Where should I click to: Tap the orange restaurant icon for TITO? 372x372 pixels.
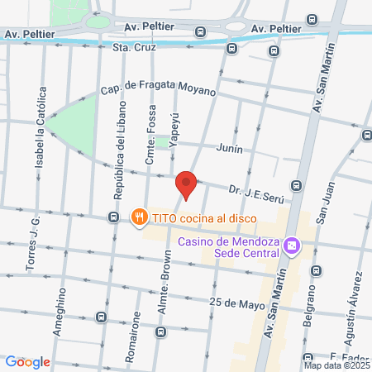pos(139,217)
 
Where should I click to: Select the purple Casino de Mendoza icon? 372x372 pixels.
pos(291,246)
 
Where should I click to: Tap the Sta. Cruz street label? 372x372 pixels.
pos(133,47)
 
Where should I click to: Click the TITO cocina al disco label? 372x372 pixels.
pos(203,218)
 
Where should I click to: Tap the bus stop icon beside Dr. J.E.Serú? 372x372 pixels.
pos(297,184)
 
